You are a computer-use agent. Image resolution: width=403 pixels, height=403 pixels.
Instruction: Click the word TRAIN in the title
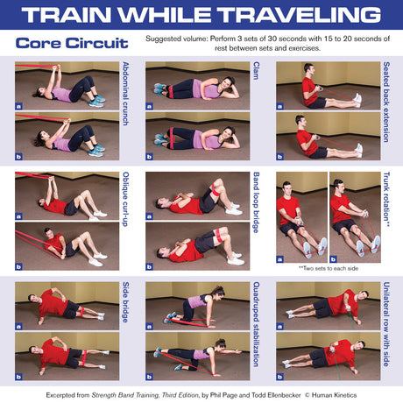66,14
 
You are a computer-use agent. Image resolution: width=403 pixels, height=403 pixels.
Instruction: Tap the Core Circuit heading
72,43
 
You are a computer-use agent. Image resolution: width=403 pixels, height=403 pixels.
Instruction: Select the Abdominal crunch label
125,94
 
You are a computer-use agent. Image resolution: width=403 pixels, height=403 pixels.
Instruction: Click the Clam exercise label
256,71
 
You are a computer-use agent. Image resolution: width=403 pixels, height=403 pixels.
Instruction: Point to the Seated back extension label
386,102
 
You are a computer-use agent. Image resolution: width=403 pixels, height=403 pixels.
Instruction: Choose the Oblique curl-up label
125,199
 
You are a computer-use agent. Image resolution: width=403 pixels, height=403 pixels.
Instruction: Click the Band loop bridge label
256,202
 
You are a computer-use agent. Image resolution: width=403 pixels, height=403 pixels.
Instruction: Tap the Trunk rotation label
386,199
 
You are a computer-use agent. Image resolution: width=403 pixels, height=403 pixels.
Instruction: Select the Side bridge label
125,302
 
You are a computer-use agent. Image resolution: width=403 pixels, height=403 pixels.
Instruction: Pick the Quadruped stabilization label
256,324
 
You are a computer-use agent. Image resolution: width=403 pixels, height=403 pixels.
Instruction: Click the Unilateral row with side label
386,324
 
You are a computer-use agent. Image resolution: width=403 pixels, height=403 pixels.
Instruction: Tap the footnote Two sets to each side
329,268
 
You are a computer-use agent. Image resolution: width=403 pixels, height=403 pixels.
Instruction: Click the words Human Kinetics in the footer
334,395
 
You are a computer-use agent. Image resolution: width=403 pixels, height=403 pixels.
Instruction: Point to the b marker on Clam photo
149,157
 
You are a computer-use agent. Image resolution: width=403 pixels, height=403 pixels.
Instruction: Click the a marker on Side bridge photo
18,327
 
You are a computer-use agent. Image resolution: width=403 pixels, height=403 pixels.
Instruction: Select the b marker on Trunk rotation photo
333,259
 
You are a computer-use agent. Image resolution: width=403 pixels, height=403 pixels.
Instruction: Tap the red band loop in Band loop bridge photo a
216,191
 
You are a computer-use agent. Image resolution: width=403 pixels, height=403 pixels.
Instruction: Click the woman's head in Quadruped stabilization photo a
217,293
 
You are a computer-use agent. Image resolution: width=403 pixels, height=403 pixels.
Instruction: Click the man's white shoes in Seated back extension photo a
357,99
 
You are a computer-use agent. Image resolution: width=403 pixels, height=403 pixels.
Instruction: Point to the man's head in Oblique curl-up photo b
48,232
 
